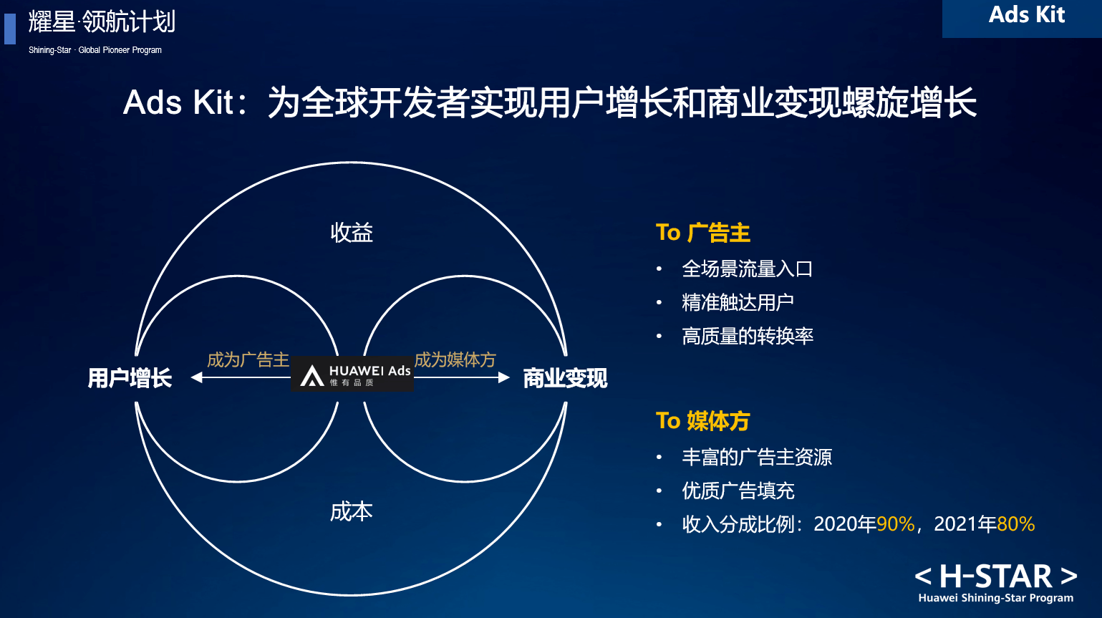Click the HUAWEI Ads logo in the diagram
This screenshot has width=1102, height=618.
[x=352, y=374]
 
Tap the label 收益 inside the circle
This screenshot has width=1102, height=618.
[x=352, y=232]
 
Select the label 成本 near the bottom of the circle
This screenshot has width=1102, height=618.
[x=352, y=512]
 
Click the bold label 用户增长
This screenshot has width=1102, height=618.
[x=130, y=378]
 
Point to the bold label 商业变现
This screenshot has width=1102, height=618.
[x=565, y=378]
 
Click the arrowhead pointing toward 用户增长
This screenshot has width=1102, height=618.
[x=197, y=377]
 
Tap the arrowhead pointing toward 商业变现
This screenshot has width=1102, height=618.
[x=504, y=377]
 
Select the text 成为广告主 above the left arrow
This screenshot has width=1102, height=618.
[x=248, y=359]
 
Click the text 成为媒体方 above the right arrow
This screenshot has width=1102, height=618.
[x=455, y=359]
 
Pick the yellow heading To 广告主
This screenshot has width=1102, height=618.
[x=703, y=232]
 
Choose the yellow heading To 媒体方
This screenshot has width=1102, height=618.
[x=703, y=420]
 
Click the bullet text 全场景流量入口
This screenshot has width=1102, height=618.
[x=748, y=269]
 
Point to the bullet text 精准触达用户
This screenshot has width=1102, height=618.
[x=738, y=302]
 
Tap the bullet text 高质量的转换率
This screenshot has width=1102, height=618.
[x=748, y=336]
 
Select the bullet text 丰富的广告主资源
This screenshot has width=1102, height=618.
[x=757, y=457]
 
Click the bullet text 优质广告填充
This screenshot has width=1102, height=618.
[x=738, y=491]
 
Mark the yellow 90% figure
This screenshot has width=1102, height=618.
[x=895, y=524]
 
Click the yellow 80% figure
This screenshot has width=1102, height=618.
[x=1016, y=524]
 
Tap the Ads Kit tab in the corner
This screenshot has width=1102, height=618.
[x=1027, y=15]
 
